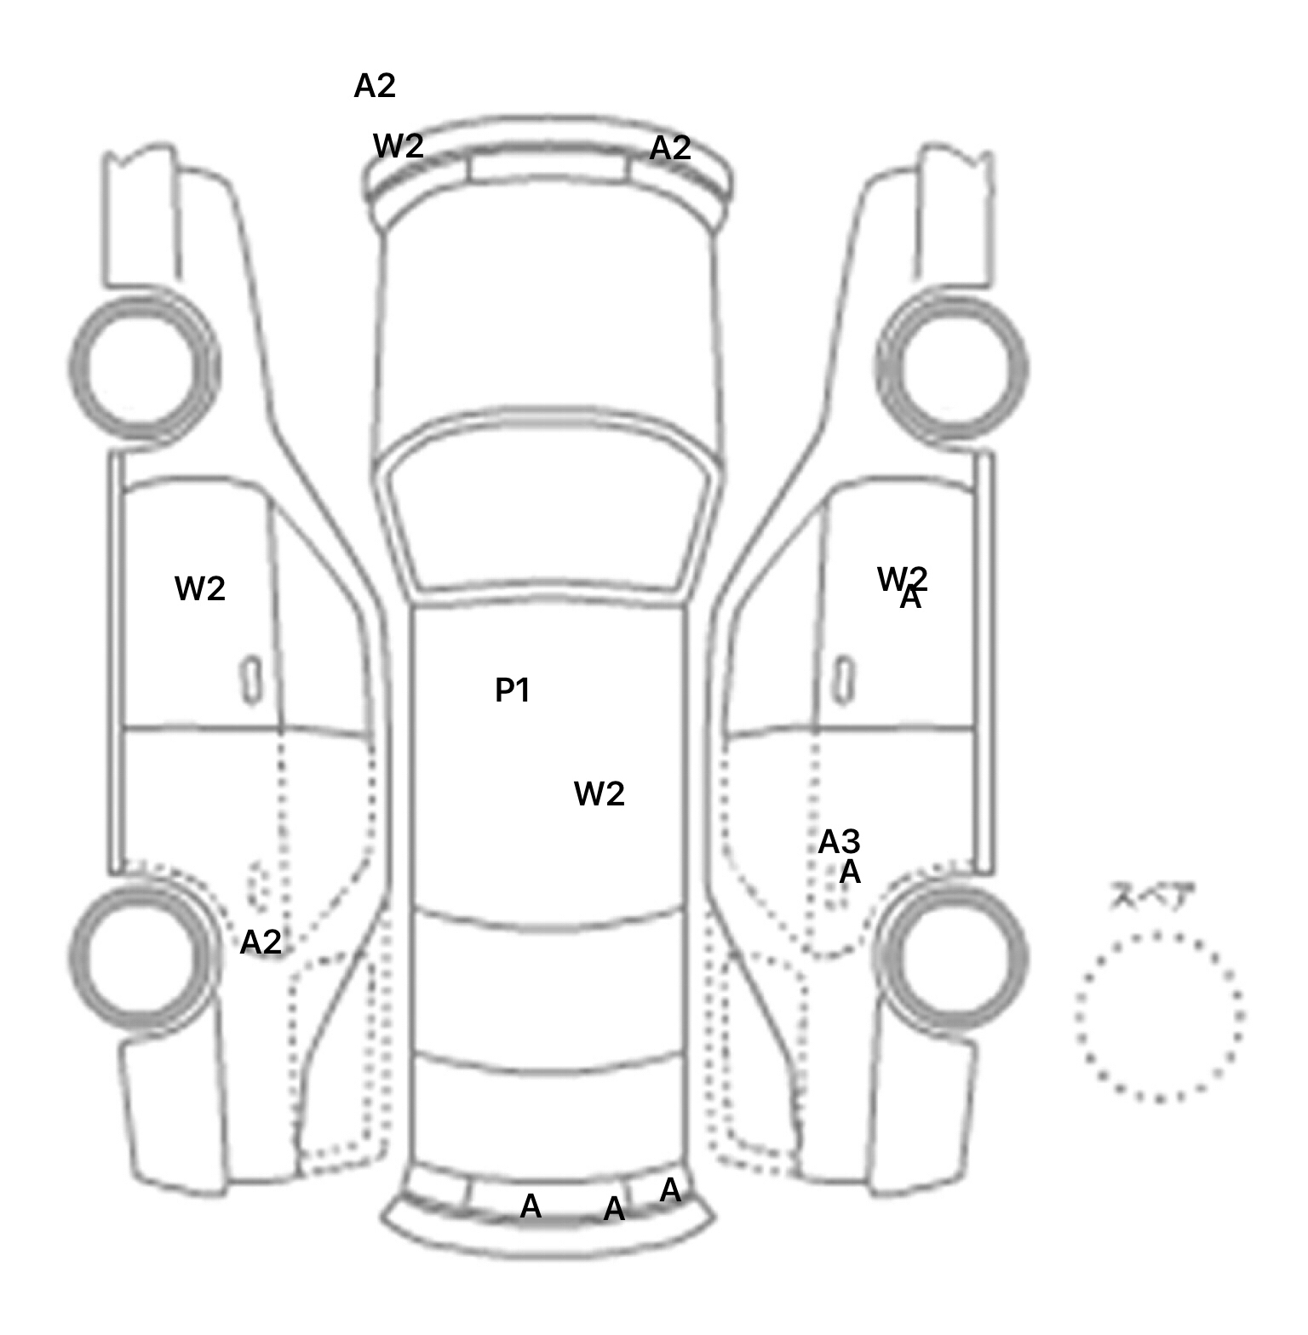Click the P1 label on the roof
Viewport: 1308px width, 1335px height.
tap(513, 690)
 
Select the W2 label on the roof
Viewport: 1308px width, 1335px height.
tap(599, 794)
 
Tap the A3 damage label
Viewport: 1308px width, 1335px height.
tap(839, 842)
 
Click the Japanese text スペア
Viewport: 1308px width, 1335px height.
tap(1152, 897)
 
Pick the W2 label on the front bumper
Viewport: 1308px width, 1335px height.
tap(399, 146)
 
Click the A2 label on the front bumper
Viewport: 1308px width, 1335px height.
tap(670, 149)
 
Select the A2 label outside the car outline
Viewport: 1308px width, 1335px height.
tap(375, 86)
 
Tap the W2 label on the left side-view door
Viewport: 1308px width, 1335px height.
tap(200, 588)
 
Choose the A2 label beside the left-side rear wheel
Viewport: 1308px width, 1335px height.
tap(261, 942)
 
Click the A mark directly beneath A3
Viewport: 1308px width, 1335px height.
tap(850, 873)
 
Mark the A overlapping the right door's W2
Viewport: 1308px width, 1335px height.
tap(911, 599)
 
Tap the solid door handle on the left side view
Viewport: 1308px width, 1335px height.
tap(251, 680)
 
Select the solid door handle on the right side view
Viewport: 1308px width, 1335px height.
tap(844, 680)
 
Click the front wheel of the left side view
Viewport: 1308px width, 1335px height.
tap(144, 367)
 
